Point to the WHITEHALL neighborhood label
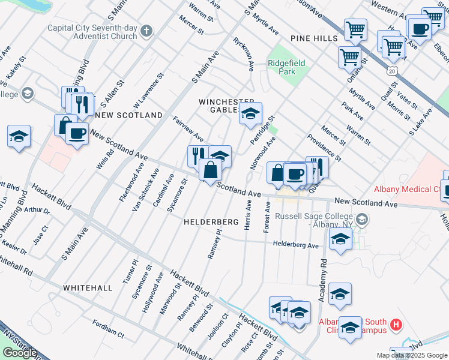tap(88, 288)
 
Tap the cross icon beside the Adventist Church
tap(146, 31)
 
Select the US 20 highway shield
tap(392, 70)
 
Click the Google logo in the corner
tap(20, 353)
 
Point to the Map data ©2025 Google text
tap(411, 355)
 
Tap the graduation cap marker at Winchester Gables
tap(250, 112)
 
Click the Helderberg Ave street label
tap(295, 245)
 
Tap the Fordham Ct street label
tap(108, 329)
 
